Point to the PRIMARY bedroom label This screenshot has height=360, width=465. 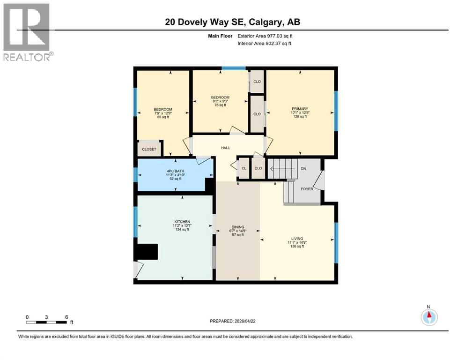(299, 108)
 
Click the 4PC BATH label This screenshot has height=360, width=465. (175, 171)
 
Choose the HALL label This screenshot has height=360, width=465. (226, 148)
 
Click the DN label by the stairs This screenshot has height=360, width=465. (303, 168)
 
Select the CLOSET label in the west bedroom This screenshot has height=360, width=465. (149, 149)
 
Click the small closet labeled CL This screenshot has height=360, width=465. (244, 168)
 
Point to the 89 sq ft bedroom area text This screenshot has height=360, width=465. (163, 117)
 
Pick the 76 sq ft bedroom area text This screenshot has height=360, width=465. (220, 105)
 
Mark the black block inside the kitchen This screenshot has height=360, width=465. (147, 252)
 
